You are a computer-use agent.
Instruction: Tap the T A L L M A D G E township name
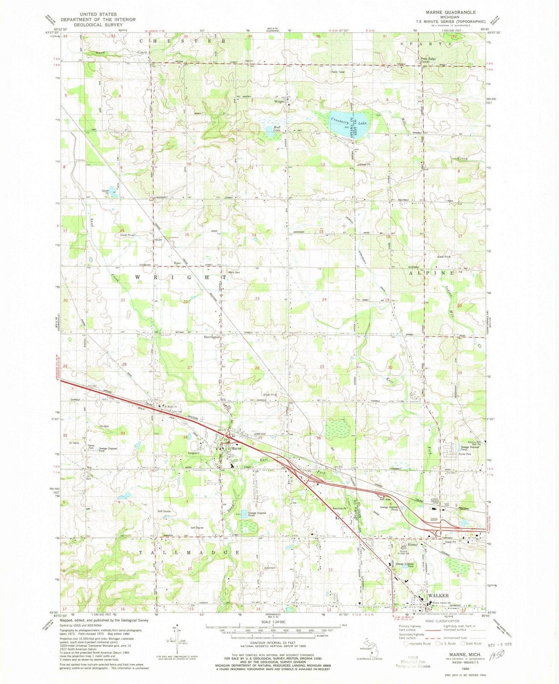click(x=189, y=553)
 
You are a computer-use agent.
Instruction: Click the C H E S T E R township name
click(x=181, y=40)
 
